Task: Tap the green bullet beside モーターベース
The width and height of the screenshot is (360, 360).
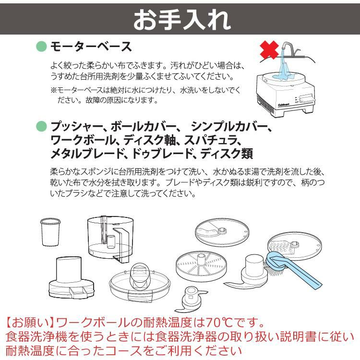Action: click(x=42, y=47)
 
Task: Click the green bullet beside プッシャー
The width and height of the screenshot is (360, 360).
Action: click(x=42, y=127)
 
